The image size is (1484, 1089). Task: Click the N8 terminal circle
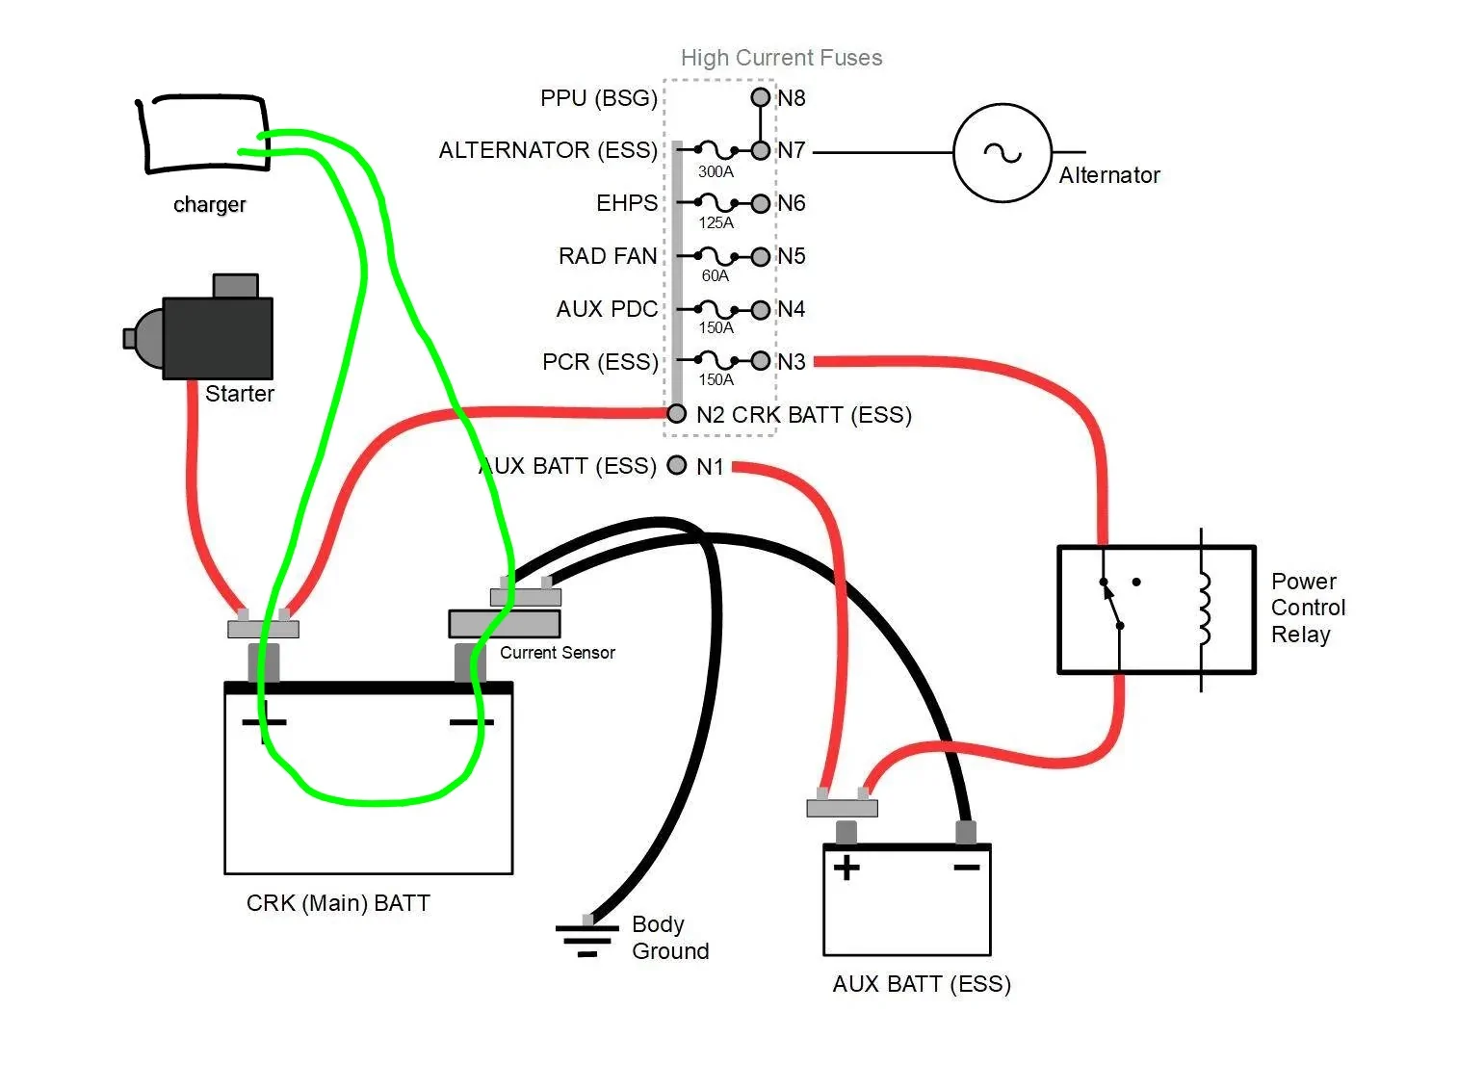click(761, 97)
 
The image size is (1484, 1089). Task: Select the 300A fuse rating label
click(716, 172)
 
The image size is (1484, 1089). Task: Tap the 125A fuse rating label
click(716, 223)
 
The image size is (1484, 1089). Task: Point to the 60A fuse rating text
click(715, 275)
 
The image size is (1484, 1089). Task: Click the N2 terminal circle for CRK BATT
click(676, 414)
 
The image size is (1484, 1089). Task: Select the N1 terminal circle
click(676, 465)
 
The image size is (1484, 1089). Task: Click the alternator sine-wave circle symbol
click(1002, 152)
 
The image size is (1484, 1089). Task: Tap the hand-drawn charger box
click(203, 134)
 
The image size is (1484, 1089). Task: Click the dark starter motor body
click(218, 338)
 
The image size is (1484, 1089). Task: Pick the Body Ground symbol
click(587, 936)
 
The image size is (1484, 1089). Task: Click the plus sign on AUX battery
click(846, 868)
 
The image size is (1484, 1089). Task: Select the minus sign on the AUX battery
click(967, 868)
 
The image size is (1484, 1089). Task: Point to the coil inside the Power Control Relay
click(1205, 609)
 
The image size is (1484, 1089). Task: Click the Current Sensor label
click(558, 653)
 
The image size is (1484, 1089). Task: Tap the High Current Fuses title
click(781, 58)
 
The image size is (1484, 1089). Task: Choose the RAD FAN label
click(608, 256)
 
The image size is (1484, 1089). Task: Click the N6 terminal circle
click(761, 203)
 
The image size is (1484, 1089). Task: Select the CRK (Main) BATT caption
click(338, 903)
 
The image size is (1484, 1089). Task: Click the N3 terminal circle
click(761, 360)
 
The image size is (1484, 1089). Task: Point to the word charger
click(209, 205)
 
